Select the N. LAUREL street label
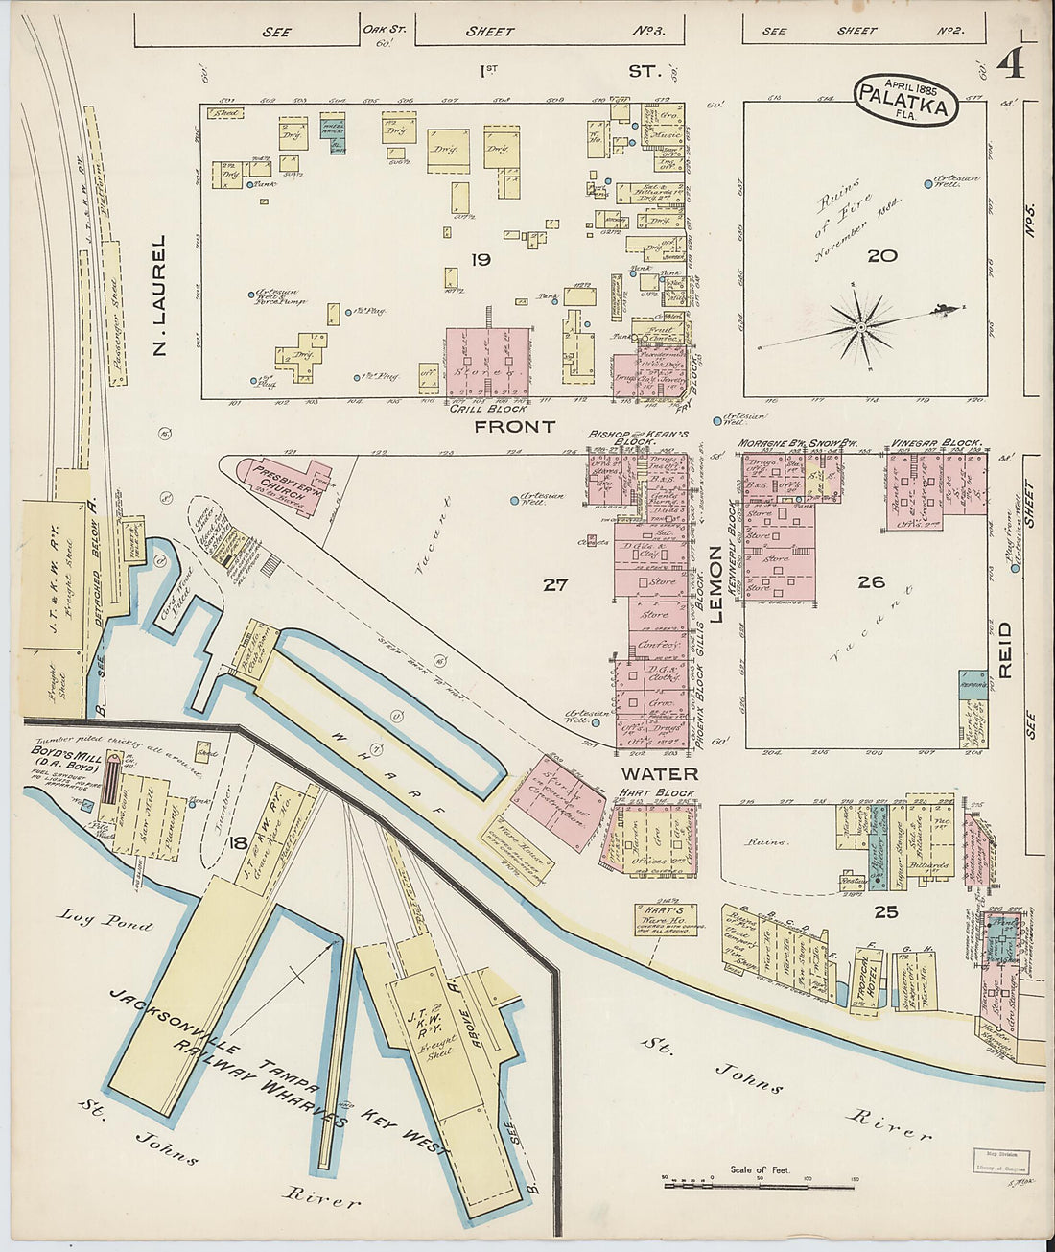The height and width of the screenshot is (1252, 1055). [x=160, y=295]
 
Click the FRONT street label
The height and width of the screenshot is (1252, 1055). [x=515, y=426]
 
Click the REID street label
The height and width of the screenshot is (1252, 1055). [x=1004, y=650]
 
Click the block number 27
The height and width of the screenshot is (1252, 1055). [x=555, y=583]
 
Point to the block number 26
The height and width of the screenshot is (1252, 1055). [x=871, y=581]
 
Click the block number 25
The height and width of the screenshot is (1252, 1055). [x=885, y=911]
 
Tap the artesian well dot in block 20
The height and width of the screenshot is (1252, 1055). [x=927, y=184]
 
